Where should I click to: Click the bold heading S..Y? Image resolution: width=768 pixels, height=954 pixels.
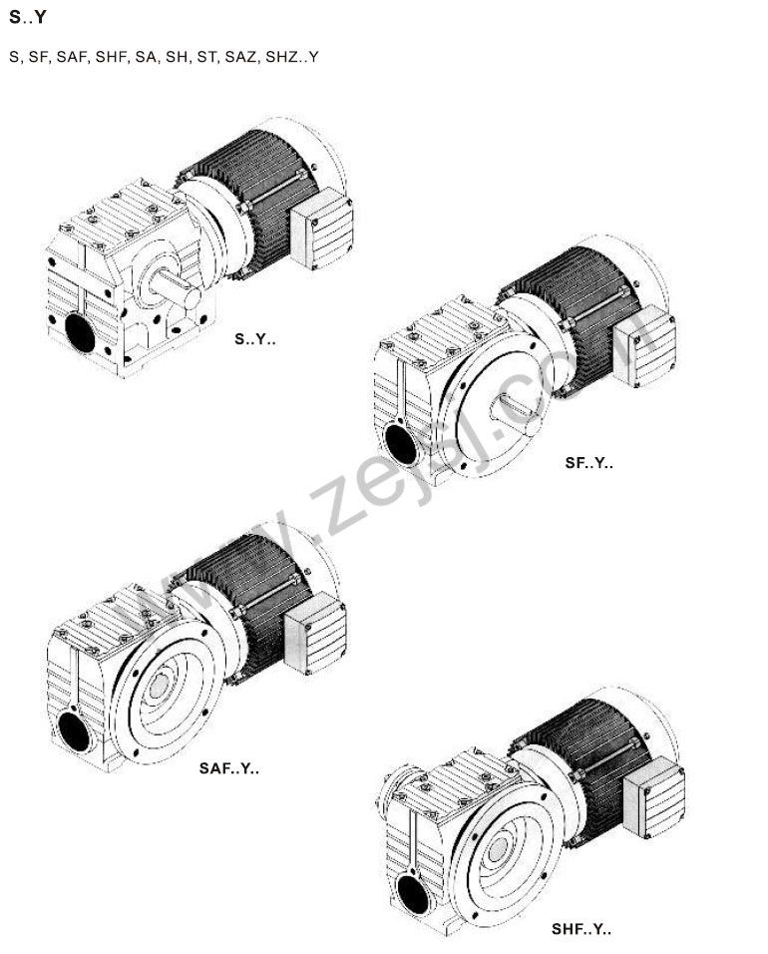[27, 17]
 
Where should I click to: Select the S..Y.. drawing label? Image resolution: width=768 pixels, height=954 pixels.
[254, 339]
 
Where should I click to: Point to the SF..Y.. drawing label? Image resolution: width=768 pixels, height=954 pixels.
[588, 462]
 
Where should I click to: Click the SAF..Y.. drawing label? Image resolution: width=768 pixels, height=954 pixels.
[228, 768]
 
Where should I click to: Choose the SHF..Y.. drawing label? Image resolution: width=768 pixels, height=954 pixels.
[581, 929]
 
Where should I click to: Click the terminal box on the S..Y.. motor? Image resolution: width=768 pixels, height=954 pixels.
[321, 228]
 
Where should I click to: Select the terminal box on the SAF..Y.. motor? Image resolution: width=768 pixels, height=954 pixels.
[315, 634]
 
